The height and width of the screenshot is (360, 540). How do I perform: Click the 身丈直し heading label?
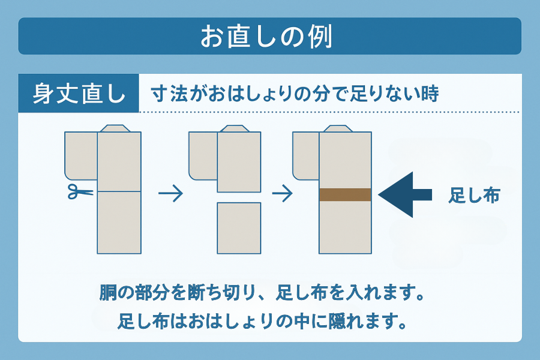[79, 94]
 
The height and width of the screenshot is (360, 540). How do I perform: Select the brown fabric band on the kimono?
[345, 194]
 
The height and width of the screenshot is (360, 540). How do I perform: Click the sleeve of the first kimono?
[80, 155]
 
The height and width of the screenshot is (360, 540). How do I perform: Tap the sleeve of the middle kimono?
[203, 155]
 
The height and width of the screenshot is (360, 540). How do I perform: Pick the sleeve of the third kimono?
[305, 155]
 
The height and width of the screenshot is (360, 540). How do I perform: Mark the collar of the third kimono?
[338, 128]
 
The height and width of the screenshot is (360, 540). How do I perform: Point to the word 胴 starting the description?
[109, 295]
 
